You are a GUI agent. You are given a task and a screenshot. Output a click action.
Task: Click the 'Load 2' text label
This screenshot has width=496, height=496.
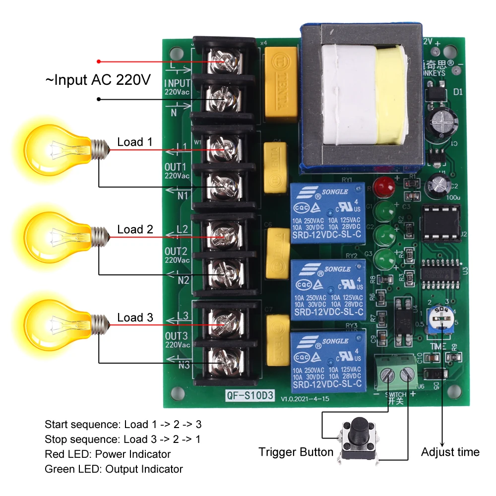coord(135,230)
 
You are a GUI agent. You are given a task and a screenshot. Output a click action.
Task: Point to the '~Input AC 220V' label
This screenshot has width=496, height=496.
coord(98,80)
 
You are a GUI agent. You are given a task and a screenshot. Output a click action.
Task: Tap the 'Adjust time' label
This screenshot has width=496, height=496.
coord(450,452)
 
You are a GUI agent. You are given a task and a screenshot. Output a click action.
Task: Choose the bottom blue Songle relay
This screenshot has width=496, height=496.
coord(327,361)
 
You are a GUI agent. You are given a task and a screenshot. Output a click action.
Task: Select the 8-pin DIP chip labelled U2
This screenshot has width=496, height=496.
coord(439,223)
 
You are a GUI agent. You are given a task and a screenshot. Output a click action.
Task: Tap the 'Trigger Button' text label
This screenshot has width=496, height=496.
coord(296,452)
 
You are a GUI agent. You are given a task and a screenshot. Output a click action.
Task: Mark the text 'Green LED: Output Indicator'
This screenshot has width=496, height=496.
coord(114,469)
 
